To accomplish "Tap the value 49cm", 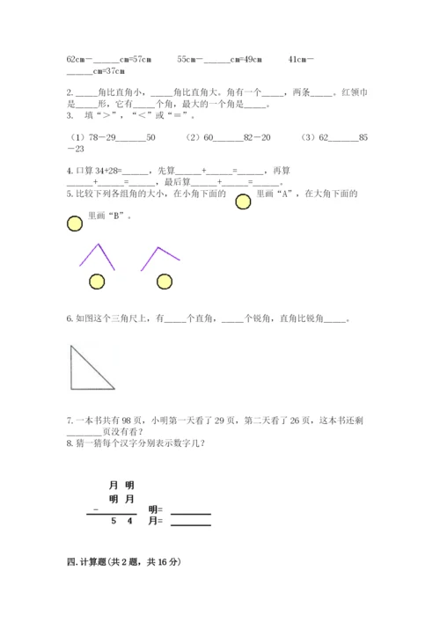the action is point(249,59).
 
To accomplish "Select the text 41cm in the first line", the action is point(300,59).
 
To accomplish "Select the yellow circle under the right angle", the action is point(164,281).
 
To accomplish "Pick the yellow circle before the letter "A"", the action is point(243,202).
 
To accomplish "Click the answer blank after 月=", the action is point(191,523).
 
